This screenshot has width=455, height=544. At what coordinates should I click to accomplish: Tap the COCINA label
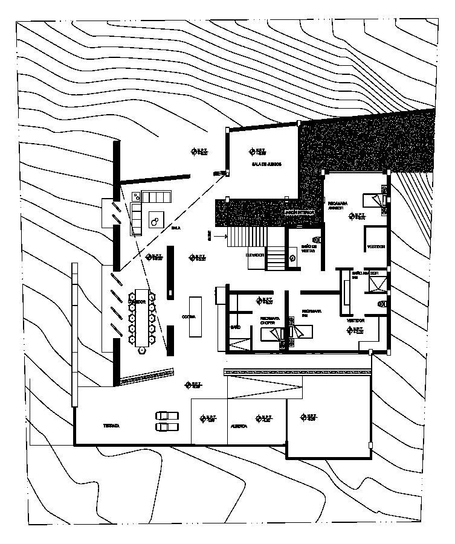pos(189,316)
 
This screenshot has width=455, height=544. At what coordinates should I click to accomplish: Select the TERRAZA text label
pos(111,426)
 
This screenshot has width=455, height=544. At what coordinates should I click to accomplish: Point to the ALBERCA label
pos(239,426)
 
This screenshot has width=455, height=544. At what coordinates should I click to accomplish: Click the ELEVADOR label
pos(255,255)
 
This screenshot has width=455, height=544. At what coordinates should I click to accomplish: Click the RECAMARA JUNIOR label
pos(336,205)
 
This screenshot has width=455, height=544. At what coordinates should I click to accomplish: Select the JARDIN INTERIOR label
pos(300,213)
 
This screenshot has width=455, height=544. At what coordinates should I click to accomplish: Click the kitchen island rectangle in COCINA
pos(196,316)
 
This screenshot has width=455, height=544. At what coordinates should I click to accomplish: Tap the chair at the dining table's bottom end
pos(142,350)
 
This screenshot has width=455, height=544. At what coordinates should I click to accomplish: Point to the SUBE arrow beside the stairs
pos(219,236)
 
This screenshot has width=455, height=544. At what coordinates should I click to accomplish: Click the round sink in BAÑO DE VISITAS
pos(292,258)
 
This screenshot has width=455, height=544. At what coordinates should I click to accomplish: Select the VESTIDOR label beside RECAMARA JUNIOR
pos(375,247)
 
